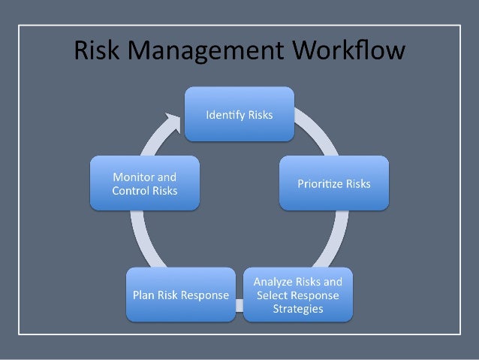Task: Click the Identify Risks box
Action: coord(239,115)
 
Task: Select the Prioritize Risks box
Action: coord(335,183)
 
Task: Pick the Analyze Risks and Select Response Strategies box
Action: coord(298,295)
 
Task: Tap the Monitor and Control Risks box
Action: coord(145,183)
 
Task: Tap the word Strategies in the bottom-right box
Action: coord(298,308)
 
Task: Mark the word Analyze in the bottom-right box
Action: coord(273,282)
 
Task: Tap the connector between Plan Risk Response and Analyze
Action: coord(237,304)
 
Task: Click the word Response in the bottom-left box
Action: coord(205,295)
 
